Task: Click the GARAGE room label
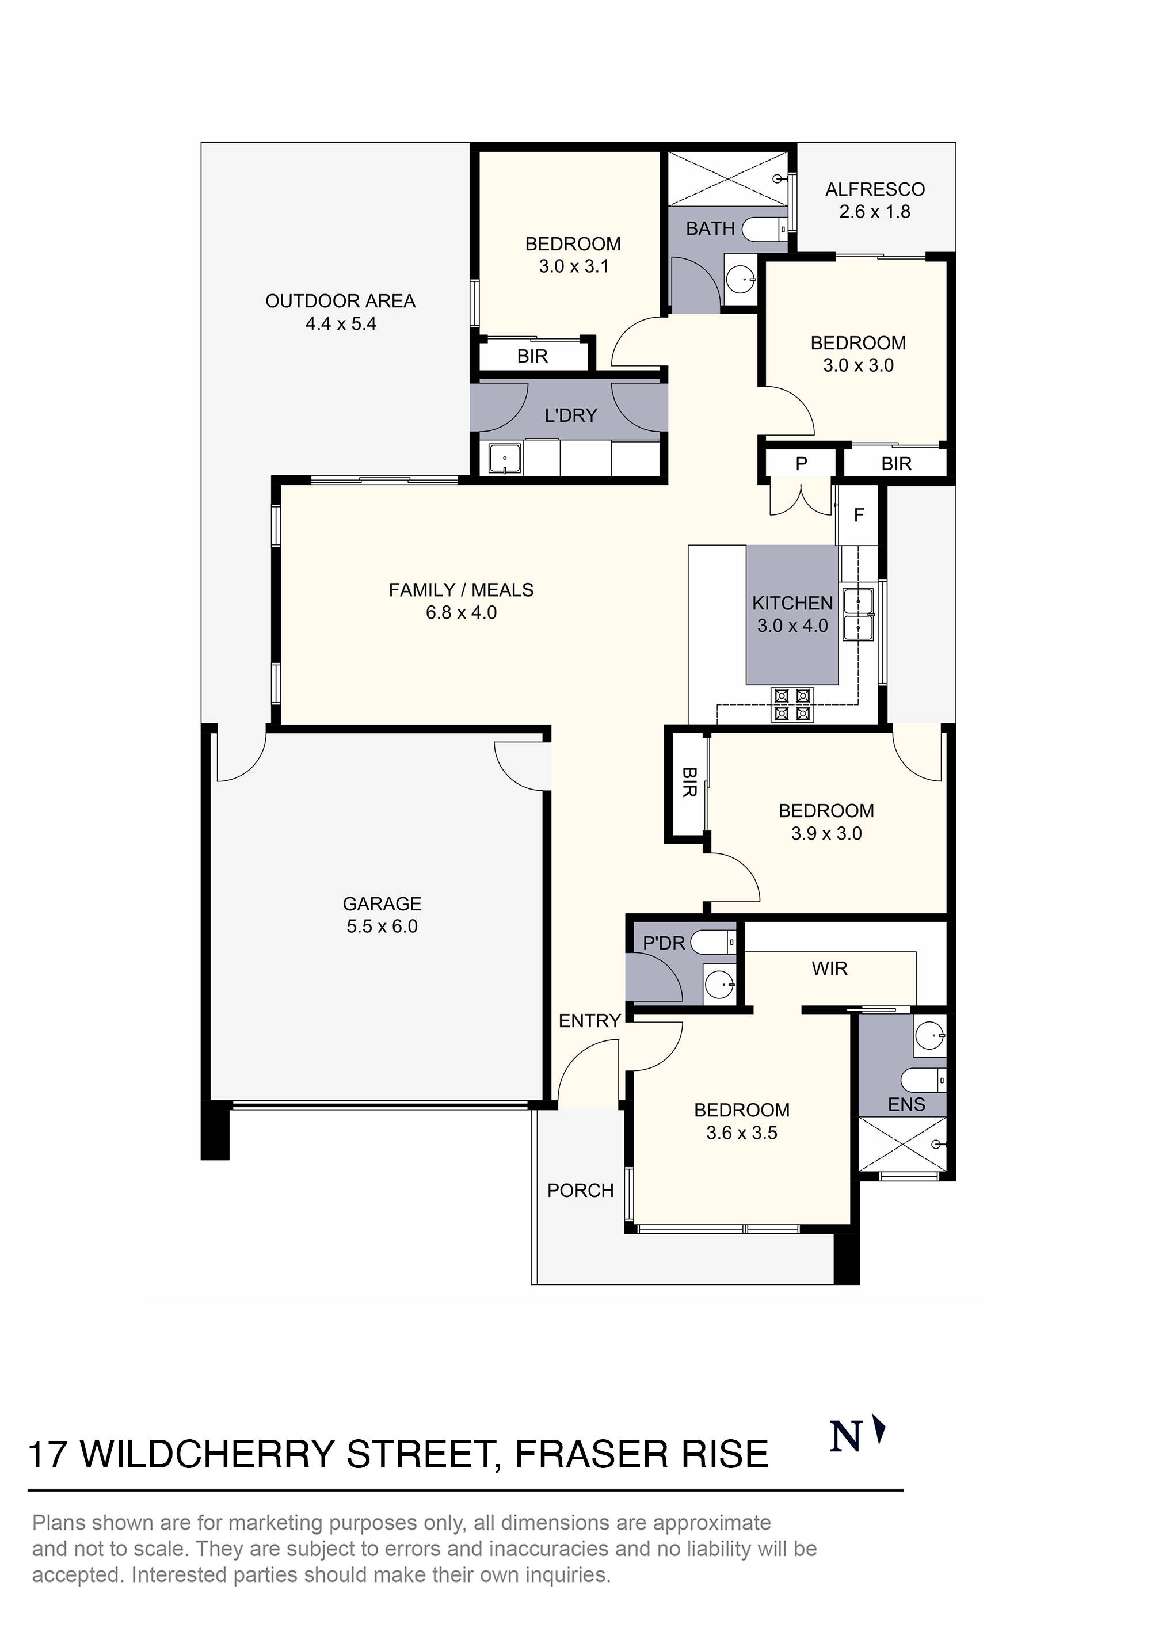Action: coord(382,903)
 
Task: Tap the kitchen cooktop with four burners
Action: coord(792,705)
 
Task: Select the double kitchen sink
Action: coord(858,615)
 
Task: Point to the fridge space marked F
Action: coord(859,515)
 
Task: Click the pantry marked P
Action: coord(801,464)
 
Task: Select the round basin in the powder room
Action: coord(721,985)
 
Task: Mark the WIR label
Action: coord(829,969)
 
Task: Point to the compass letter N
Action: coord(845,1438)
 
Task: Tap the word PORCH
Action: coord(580,1191)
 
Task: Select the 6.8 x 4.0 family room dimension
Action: coord(461,613)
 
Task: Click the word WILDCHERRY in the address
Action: coord(207,1454)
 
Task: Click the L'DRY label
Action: coord(571,415)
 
